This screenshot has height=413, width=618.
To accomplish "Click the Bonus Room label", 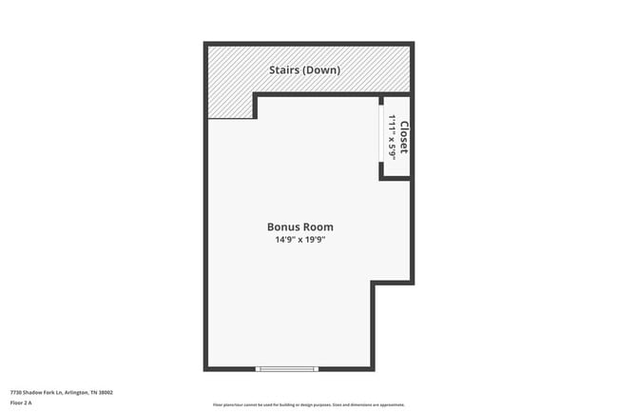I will [x=299, y=226].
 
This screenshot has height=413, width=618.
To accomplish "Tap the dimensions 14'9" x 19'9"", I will [x=299, y=240].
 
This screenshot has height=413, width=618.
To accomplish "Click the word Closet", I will [x=403, y=138].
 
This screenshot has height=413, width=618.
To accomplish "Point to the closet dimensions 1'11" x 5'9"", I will [x=391, y=137].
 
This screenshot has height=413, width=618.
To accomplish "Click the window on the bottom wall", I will [x=287, y=368].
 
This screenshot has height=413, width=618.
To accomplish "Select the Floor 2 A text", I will [x=21, y=403].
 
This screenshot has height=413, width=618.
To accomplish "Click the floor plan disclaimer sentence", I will [x=309, y=404].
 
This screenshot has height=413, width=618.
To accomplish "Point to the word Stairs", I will [x=286, y=69].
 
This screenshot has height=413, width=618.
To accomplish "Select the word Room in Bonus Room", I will [x=319, y=226].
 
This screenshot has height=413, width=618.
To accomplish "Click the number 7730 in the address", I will [x=15, y=392].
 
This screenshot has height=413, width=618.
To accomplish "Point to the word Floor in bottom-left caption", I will [x=16, y=403].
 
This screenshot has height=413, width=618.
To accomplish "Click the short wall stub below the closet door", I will [x=381, y=171].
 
